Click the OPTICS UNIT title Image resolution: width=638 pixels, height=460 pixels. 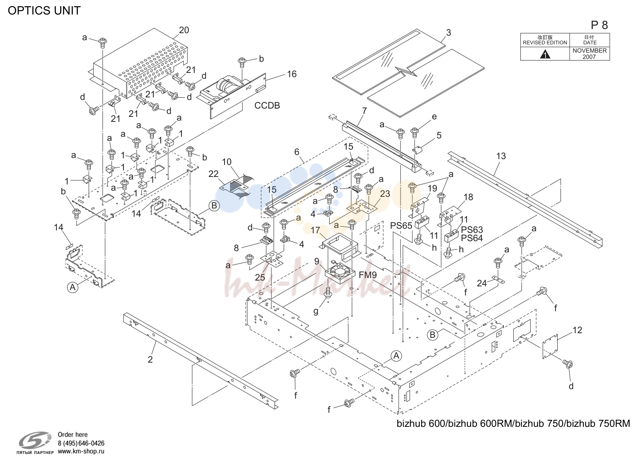[44, 10]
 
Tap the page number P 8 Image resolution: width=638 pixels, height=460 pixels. [599, 25]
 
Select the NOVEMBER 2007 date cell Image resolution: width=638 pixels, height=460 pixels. [590, 53]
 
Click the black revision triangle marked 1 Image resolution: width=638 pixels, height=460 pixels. [545, 54]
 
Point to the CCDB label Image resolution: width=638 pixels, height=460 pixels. [267, 105]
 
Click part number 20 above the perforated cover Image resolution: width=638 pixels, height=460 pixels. [184, 30]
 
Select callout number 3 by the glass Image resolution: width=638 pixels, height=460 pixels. [448, 33]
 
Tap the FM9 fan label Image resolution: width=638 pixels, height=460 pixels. [368, 275]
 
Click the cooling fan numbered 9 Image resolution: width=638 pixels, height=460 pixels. [339, 271]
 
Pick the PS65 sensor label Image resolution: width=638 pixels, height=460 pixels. [401, 225]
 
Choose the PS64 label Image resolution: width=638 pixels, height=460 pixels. [472, 238]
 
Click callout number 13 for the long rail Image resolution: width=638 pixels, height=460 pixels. [501, 156]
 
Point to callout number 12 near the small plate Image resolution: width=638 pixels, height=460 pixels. [577, 330]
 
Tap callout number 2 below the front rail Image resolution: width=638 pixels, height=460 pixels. [150, 359]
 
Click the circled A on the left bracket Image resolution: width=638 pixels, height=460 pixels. [72, 287]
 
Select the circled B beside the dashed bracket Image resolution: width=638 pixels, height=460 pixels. [214, 206]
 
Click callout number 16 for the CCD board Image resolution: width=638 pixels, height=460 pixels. [292, 74]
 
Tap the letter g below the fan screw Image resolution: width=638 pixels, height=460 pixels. [316, 311]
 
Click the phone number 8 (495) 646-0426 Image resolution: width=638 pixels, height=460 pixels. [81, 443]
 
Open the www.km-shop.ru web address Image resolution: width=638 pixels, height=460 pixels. [81, 451]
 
